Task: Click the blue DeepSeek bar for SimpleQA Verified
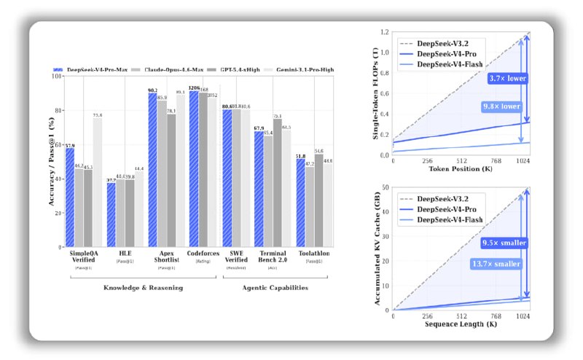[x=69, y=197]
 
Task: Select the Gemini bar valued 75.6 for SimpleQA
[x=98, y=182]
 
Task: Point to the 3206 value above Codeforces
[x=193, y=87]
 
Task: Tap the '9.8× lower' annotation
[x=501, y=106]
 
